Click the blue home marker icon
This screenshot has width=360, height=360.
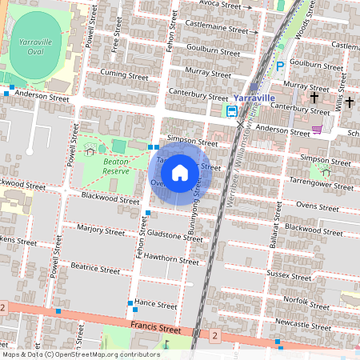click(180, 172)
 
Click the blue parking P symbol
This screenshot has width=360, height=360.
click(280, 66)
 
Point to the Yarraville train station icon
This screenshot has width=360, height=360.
click(232, 111)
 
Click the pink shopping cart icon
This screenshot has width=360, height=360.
click(318, 129)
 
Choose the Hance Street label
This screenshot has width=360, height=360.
click(155, 305)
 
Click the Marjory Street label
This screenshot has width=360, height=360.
click(101, 231)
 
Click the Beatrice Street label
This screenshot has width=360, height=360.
click(94, 268)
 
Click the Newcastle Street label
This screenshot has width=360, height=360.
click(302, 324)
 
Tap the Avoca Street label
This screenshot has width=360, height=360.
click(220, 5)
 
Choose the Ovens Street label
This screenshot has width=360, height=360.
click(307, 205)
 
